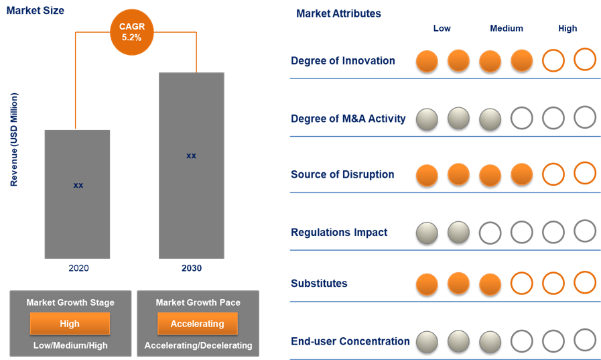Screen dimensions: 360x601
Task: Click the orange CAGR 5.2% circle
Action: [131, 32]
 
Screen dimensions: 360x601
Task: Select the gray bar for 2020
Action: [77, 194]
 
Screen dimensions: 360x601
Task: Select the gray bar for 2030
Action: [191, 165]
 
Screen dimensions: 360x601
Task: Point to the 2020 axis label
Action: [78, 268]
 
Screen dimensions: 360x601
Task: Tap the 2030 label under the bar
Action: [191, 268]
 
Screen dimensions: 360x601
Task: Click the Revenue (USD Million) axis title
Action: [14, 139]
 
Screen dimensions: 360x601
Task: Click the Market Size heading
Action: [36, 11]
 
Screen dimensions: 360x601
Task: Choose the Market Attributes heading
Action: [338, 13]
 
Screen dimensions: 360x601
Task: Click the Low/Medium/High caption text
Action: [70, 345]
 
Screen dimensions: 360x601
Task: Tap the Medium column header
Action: [507, 28]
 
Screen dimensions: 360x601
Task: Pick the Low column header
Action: [442, 28]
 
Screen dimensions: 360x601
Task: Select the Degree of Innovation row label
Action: [343, 61]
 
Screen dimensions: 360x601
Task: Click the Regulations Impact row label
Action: [339, 233]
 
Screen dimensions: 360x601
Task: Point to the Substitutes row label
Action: [319, 284]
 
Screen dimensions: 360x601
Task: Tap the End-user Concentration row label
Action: [350, 341]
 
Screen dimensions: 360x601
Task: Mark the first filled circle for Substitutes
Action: [427, 284]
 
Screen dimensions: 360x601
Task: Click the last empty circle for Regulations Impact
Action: [585, 231]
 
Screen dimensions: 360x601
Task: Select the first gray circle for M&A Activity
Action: [427, 119]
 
